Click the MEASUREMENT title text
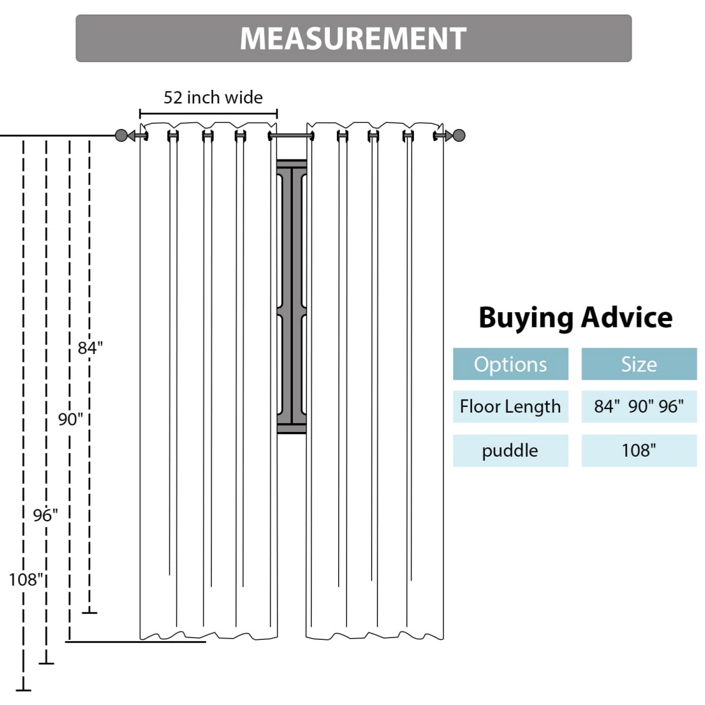point(353,38)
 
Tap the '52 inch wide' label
point(213,97)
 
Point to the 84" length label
point(90,348)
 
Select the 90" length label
point(70,419)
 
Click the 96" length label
point(45,515)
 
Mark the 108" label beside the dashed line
point(26,580)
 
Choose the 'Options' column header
point(510,364)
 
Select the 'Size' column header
point(639,364)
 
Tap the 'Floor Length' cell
point(510,406)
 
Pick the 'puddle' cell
point(510,451)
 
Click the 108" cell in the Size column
point(639,451)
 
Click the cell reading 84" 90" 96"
point(639,406)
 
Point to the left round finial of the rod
point(121,136)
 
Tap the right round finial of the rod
point(459,136)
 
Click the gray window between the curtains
point(292,296)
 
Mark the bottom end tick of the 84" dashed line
point(89,613)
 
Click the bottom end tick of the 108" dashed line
point(23,691)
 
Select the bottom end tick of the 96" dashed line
point(46,664)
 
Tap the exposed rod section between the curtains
point(292,136)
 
